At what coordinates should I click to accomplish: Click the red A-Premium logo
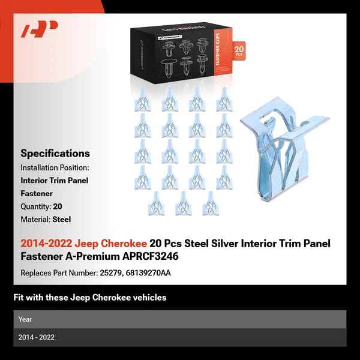(40, 29)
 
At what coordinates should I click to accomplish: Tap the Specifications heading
(55, 153)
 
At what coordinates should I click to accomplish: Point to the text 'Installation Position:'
(55, 167)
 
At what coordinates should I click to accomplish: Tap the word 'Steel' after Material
(62, 220)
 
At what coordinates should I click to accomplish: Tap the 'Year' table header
(25, 319)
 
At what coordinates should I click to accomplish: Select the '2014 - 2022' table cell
(37, 337)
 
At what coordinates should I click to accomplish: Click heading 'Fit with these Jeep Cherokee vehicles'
(90, 298)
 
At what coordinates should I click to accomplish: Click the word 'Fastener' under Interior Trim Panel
(37, 194)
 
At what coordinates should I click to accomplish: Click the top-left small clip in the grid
(142, 99)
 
